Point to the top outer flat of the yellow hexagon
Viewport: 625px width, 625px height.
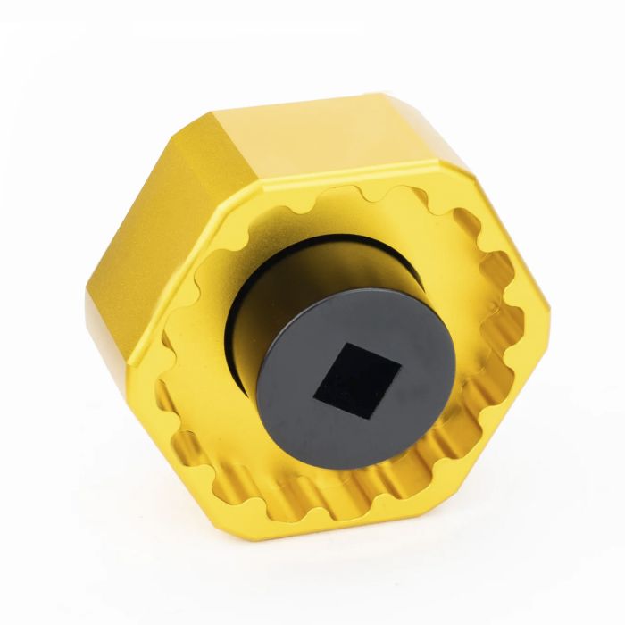coord(339,134)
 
